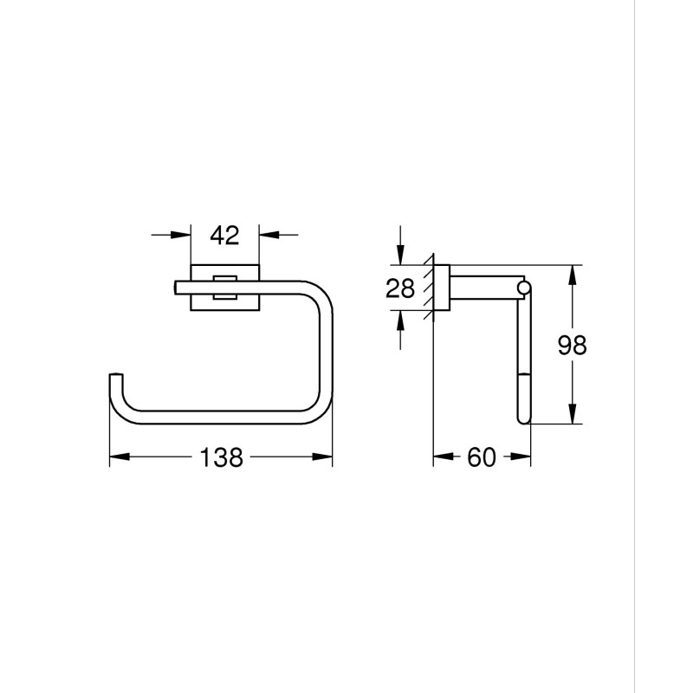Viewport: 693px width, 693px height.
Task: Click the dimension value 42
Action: tap(224, 235)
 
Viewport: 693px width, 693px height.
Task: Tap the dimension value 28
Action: tap(400, 288)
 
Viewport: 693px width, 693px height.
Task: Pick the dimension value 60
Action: tap(481, 457)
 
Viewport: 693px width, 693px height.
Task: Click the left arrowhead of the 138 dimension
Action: tap(117, 457)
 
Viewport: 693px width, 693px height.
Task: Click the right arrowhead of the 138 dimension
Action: tap(325, 457)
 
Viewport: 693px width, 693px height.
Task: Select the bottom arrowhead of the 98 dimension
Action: tap(571, 416)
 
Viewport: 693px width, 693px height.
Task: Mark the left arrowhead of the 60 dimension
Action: tap(441, 457)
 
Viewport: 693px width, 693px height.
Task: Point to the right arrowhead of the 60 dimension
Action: tap(521, 457)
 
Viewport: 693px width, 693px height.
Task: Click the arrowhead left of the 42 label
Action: tap(183, 234)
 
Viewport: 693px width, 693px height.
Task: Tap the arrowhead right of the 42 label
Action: tap(267, 234)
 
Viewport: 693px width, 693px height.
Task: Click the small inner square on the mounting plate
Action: tap(224, 287)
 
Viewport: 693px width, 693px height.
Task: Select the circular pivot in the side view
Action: tap(523, 287)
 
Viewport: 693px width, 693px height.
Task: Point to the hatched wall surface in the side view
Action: tap(426, 290)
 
